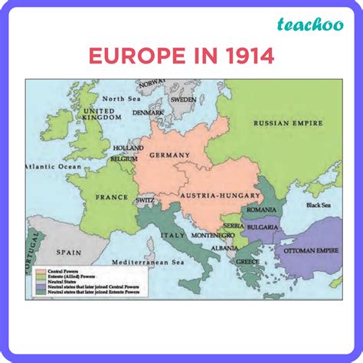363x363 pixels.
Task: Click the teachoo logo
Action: coord(309,26)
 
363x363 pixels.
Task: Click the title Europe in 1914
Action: coord(181,57)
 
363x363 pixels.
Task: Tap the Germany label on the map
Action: coord(169,155)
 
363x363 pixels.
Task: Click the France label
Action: coord(112,197)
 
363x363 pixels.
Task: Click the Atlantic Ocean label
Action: coord(51,166)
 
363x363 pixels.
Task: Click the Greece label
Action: coord(247,261)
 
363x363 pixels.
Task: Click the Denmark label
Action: coord(148,113)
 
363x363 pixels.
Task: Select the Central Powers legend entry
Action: coord(62,272)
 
